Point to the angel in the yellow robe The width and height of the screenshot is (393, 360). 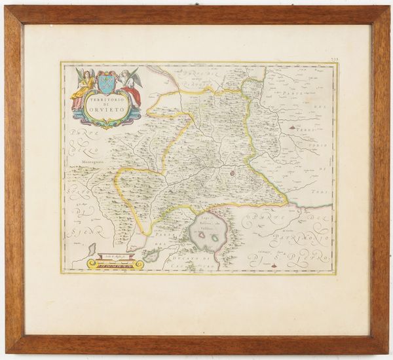(x=84, y=88)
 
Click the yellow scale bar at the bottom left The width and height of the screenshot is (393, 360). (x=115, y=264)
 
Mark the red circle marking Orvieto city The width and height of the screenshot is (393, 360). (x=232, y=173)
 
